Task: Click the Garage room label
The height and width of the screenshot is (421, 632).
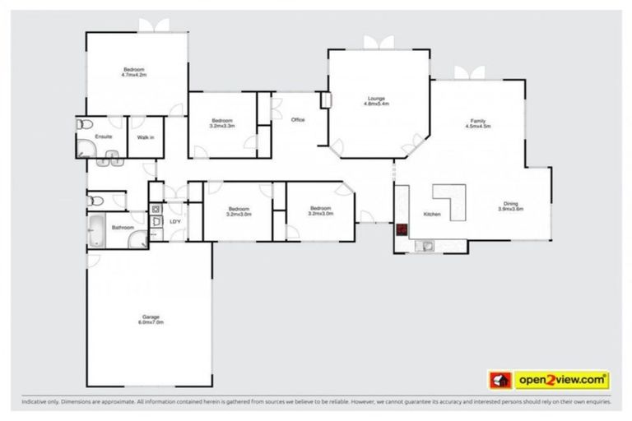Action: click(x=151, y=317)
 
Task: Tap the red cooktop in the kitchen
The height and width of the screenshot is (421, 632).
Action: click(x=402, y=229)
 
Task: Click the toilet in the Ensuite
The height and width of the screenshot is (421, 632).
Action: click(x=81, y=125)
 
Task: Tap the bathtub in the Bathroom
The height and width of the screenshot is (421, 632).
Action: click(x=95, y=231)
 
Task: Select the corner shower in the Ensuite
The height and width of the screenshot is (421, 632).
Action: click(x=86, y=148)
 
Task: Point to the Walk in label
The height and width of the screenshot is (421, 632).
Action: click(x=146, y=137)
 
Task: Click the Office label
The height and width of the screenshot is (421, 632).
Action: click(x=298, y=120)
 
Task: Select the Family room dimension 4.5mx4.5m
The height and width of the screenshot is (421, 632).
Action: click(x=477, y=127)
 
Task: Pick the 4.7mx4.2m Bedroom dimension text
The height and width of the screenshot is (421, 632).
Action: click(x=133, y=75)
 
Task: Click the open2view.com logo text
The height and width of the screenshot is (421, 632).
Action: click(x=562, y=380)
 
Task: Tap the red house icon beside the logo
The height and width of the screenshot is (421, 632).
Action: click(x=499, y=380)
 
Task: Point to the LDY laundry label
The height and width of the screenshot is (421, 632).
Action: click(x=174, y=222)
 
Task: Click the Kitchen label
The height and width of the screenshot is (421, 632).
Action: click(x=432, y=215)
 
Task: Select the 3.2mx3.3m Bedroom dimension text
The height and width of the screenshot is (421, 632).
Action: click(x=222, y=126)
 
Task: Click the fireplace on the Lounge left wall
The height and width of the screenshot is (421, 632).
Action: click(x=326, y=100)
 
